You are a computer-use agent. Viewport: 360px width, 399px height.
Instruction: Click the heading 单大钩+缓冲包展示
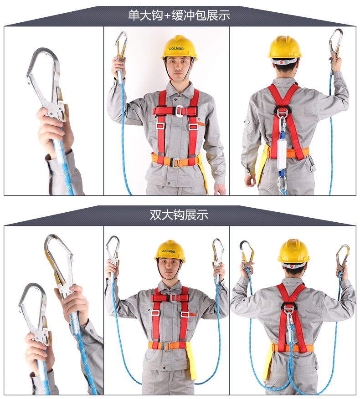(x=179, y=15)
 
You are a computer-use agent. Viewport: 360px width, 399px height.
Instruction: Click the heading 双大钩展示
(x=179, y=215)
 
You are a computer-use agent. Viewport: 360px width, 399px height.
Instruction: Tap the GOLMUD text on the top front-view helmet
(x=176, y=48)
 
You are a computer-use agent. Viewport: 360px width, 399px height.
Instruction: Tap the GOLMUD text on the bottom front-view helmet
(x=169, y=251)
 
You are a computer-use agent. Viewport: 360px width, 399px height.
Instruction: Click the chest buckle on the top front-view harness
(x=179, y=111)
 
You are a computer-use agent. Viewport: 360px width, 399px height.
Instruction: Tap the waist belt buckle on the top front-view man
(x=176, y=163)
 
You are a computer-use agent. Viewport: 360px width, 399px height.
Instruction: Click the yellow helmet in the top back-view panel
(x=284, y=47)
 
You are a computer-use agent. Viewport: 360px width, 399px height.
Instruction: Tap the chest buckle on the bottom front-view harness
(x=173, y=298)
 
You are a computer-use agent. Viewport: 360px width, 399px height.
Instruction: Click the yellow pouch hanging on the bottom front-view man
(x=192, y=361)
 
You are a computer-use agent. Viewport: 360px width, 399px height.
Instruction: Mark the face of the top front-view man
(x=177, y=68)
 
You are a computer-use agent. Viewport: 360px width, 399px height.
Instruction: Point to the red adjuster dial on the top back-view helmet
(x=281, y=62)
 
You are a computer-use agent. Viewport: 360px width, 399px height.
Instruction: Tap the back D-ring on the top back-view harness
(x=282, y=113)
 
